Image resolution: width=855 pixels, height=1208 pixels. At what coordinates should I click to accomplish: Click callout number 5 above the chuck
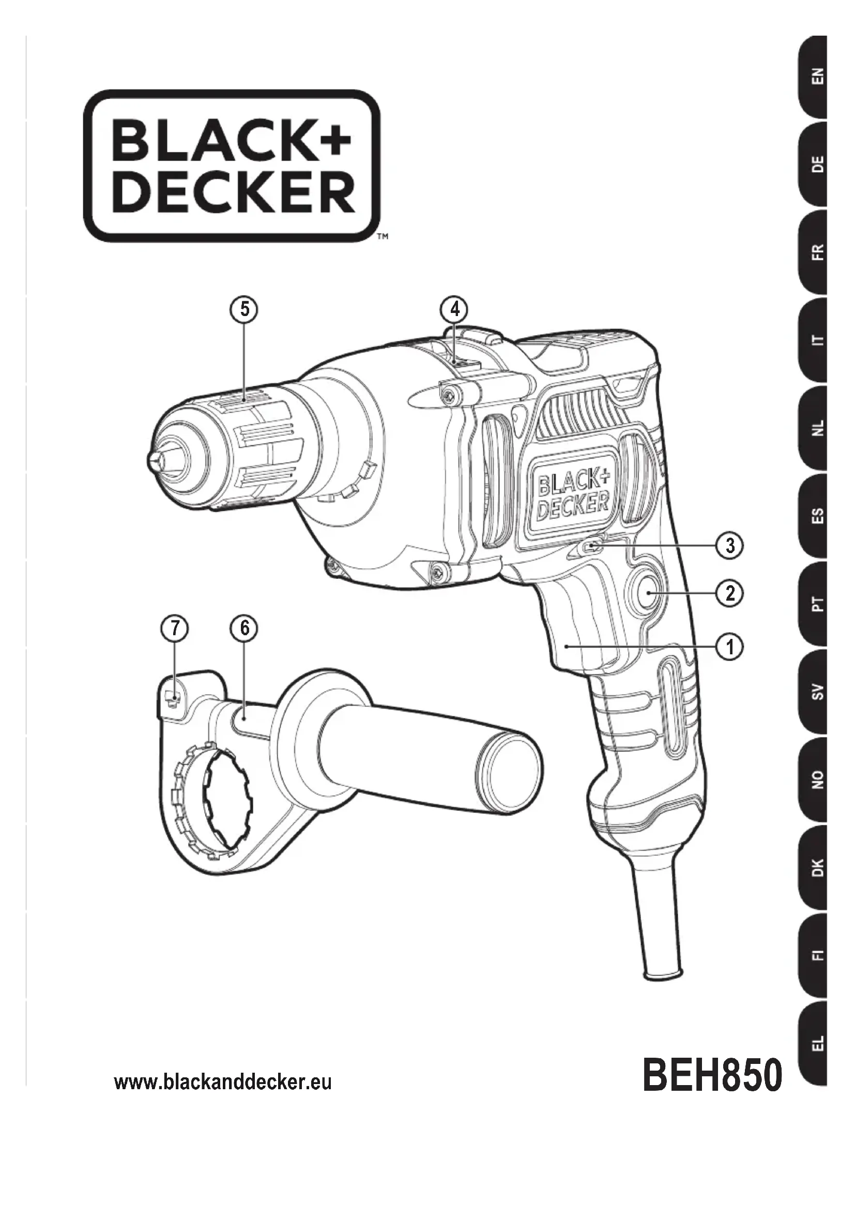245,309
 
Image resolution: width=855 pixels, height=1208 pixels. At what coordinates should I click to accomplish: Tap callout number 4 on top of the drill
455,309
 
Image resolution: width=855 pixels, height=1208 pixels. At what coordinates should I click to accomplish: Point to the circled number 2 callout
730,594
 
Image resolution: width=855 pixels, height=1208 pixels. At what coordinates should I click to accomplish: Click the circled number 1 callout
730,646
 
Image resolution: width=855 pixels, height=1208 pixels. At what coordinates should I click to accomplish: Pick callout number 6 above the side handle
245,629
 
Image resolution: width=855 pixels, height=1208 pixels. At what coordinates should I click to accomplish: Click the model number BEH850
712,1075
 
